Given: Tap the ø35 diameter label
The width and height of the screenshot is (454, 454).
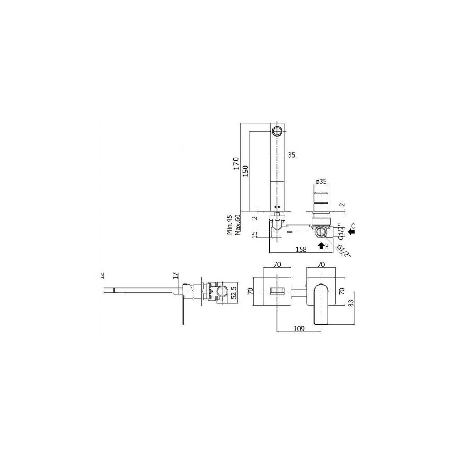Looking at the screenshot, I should (x=321, y=182).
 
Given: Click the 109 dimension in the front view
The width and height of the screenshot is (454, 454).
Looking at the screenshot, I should (x=298, y=329).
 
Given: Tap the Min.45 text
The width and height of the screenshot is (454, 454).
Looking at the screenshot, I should (x=230, y=225).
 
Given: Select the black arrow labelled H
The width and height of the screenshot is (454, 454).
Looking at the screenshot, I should (x=322, y=246).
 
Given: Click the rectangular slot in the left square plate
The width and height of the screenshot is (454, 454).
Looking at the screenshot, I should (x=276, y=291).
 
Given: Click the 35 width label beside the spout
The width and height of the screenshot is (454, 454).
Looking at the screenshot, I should (x=291, y=155).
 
